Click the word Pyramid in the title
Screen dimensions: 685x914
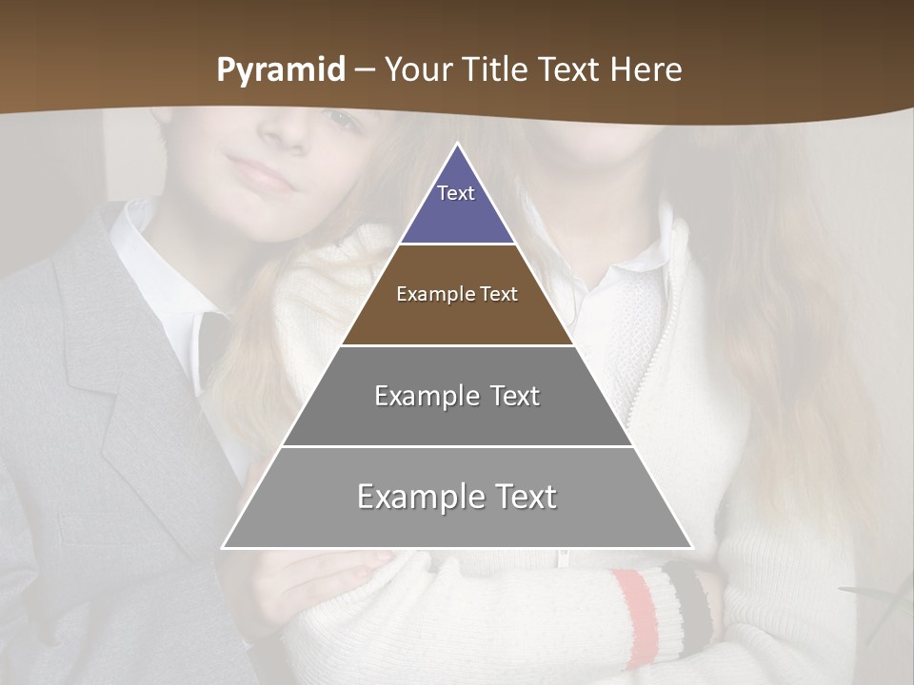point(281,70)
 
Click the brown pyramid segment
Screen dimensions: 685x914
point(457,319)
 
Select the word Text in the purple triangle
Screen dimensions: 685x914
point(456,193)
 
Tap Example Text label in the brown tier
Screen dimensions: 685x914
point(457,294)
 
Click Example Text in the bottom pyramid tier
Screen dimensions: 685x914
point(457,497)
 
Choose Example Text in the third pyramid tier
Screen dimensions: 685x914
point(457,396)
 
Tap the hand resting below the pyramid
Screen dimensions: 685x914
point(324,580)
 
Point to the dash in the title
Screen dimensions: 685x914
point(365,70)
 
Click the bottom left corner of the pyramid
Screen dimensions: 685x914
point(223,548)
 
